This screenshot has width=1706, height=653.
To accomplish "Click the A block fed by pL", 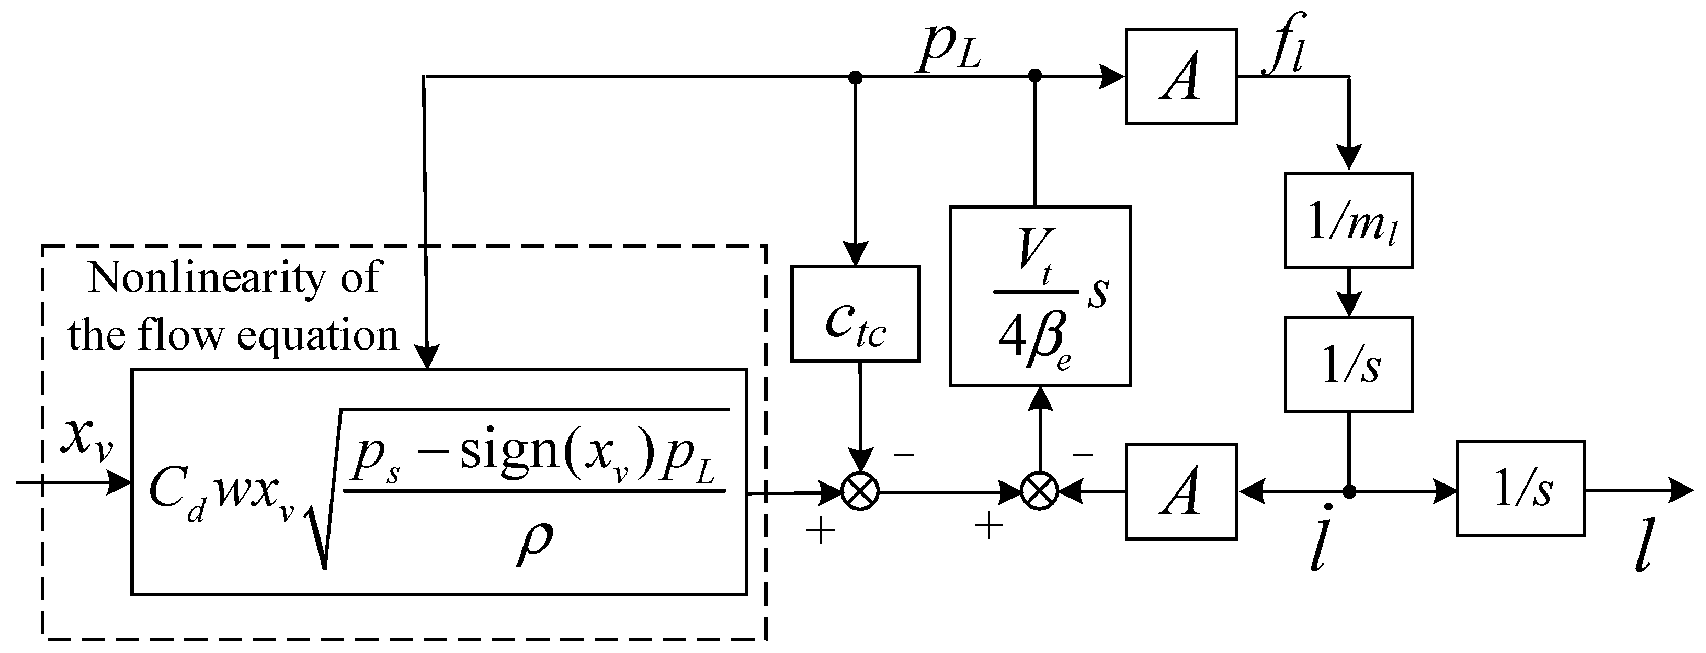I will coord(1181,76).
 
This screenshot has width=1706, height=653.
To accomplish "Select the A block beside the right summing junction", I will coord(1181,491).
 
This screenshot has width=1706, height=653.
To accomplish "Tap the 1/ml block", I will coord(1348,220).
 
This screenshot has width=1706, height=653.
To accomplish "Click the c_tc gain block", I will coord(855,314).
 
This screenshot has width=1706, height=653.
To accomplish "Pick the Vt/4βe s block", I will coord(1040,296).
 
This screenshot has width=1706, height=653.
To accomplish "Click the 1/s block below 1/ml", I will coord(1348,364).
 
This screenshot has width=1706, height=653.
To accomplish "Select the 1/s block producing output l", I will coord(1520,488).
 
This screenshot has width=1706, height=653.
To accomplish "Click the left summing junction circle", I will coord(860,492).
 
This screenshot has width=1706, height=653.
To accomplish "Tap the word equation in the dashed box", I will coord(317,336).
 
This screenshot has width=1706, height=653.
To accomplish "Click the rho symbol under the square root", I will coord(534,542).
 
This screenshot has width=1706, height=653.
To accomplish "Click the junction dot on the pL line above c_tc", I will coord(855,77).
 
